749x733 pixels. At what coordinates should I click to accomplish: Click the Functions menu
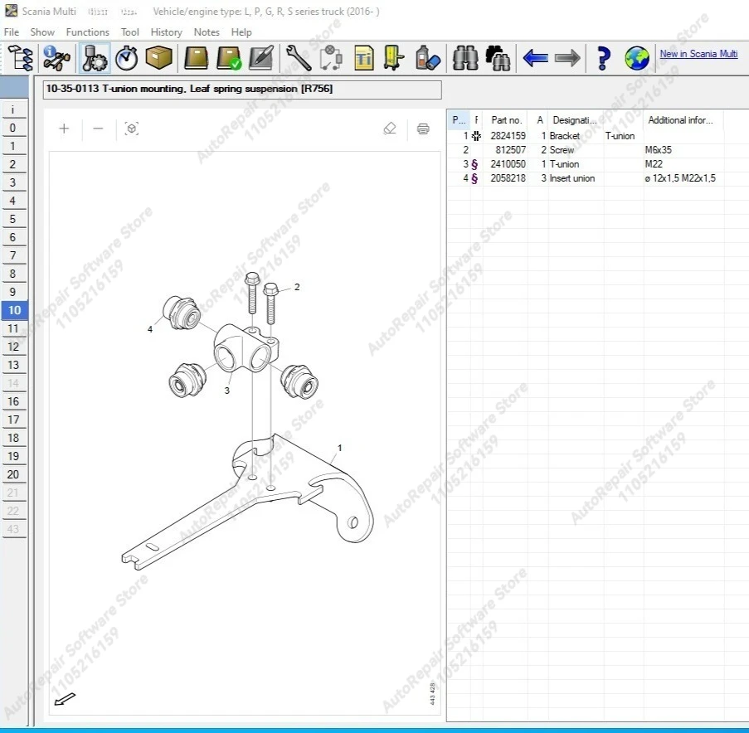point(87,32)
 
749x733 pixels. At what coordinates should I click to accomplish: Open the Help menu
point(241,32)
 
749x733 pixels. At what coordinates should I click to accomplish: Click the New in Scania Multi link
point(698,54)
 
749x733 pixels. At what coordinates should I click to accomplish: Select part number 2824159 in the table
point(508,136)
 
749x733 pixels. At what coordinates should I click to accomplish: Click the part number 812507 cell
point(510,150)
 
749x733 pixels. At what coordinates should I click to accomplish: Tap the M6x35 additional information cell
point(659,150)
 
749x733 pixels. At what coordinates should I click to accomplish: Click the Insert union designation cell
point(571,178)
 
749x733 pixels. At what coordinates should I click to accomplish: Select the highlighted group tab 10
point(14,311)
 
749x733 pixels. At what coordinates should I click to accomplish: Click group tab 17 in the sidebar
point(13,420)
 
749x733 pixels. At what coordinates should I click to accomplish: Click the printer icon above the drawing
point(423,129)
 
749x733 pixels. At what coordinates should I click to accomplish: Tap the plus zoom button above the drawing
point(64,129)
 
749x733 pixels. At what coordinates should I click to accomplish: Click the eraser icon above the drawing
point(390,129)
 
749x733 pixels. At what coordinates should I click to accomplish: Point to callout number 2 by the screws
point(297,287)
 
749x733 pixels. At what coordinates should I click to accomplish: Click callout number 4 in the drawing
point(150,329)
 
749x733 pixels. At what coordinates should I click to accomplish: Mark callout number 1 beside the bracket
point(339,448)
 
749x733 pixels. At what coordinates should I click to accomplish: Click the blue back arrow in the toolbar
point(535,58)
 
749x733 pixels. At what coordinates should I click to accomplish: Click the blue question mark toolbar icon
point(603,58)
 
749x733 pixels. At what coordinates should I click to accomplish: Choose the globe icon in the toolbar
point(637,58)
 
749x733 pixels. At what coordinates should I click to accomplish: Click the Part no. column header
point(506,120)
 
